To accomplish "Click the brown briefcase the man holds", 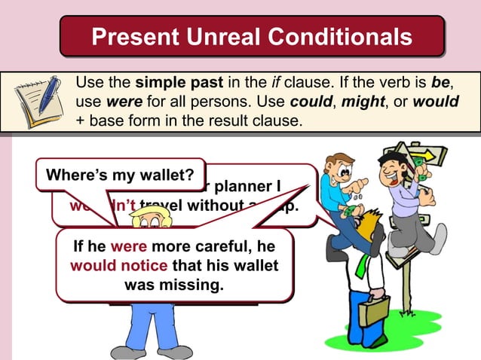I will coord(374,309).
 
